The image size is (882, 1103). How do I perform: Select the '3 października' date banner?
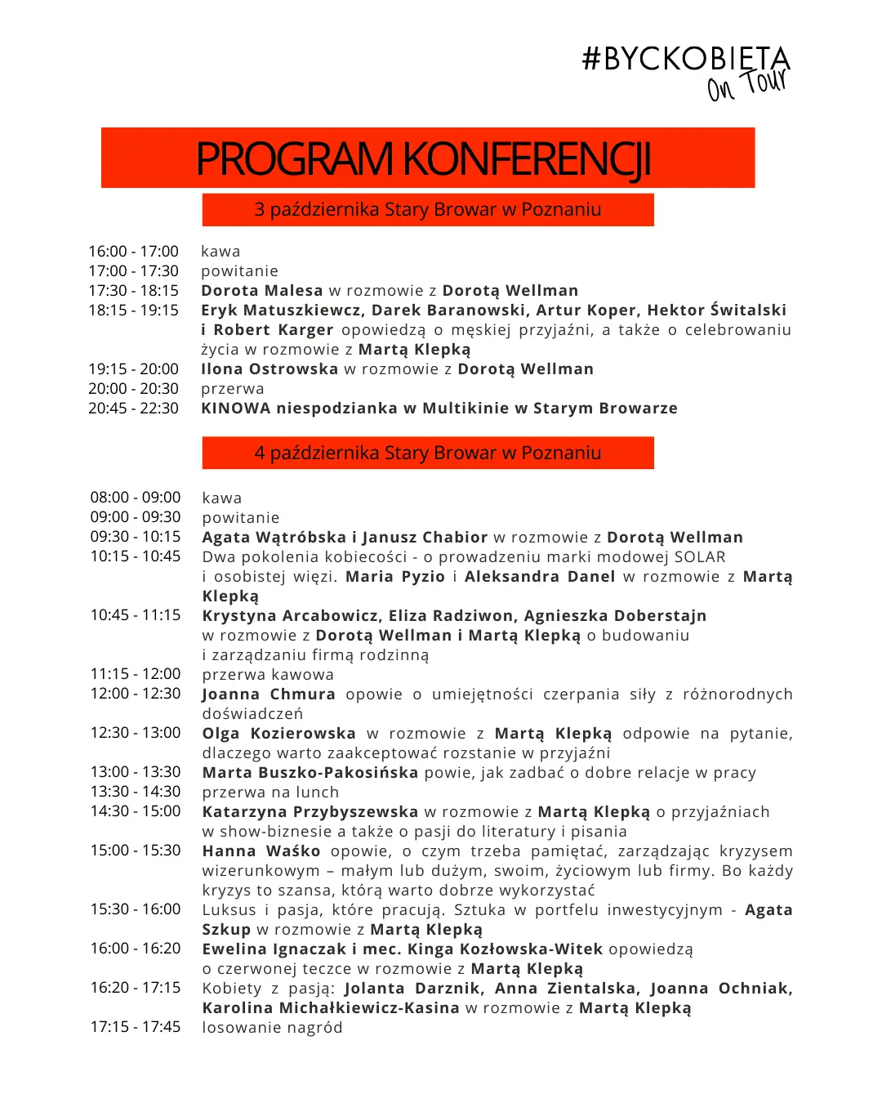click(427, 210)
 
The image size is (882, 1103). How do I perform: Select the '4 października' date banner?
click(427, 453)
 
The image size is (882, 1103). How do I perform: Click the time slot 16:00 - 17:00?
click(134, 252)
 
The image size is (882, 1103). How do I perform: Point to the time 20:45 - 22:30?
click(134, 409)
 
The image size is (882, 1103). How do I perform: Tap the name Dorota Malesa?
click(262, 291)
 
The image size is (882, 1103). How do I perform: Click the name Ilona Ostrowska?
click(269, 369)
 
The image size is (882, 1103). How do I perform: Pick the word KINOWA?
click(235, 409)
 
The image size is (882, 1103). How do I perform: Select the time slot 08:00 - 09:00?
click(136, 498)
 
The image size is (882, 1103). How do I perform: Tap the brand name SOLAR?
click(700, 557)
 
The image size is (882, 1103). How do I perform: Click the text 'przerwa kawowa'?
click(268, 675)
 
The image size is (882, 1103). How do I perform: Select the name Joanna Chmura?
click(269, 694)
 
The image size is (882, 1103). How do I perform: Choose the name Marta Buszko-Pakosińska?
click(310, 773)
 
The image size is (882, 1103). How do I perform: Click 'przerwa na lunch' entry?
click(270, 793)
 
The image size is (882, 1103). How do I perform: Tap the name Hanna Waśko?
click(261, 851)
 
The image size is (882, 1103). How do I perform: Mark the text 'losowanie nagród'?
click(272, 1028)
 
